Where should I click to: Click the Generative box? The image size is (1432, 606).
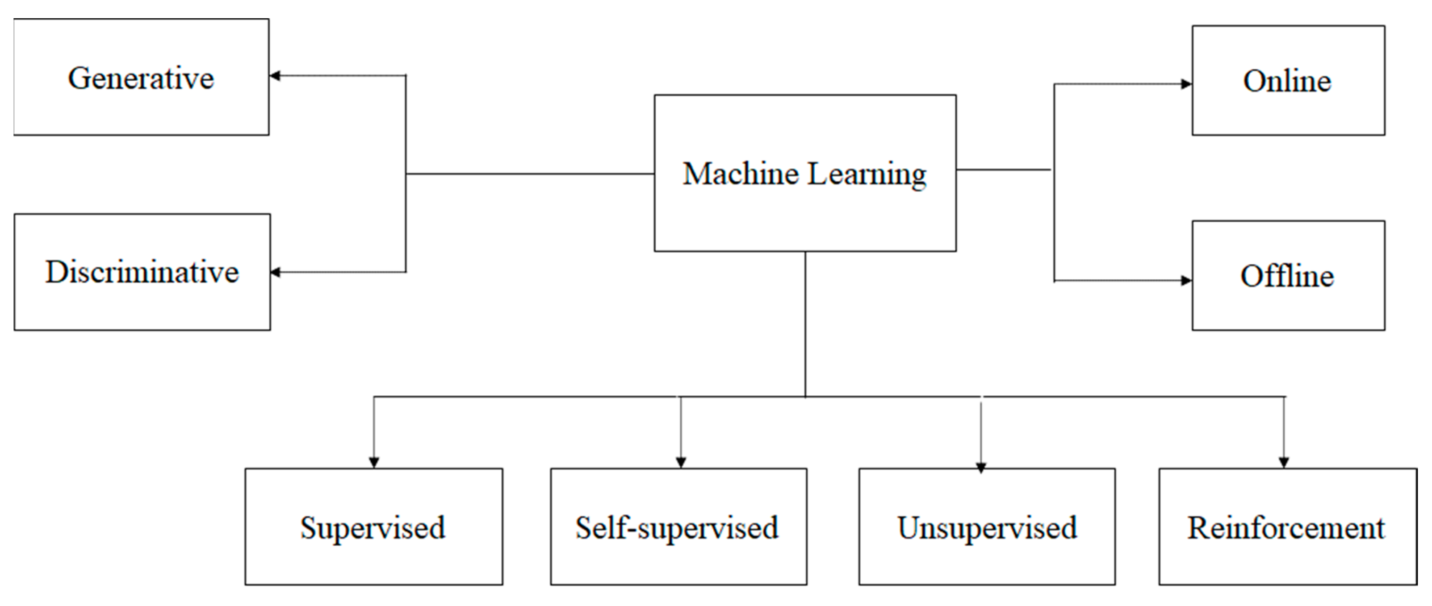point(141,77)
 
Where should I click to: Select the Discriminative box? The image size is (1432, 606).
point(142,272)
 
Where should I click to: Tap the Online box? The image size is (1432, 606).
point(1288,80)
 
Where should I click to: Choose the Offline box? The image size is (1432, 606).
point(1288,275)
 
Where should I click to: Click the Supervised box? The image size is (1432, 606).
point(373,527)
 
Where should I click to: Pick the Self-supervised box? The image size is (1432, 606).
point(678,527)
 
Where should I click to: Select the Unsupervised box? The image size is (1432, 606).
point(987,527)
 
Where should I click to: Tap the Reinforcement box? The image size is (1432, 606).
point(1287,527)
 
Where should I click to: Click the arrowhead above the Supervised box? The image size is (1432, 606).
point(374,462)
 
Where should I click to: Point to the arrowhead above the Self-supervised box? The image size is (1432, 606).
point(681,462)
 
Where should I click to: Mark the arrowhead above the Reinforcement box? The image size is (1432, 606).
point(1284,462)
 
